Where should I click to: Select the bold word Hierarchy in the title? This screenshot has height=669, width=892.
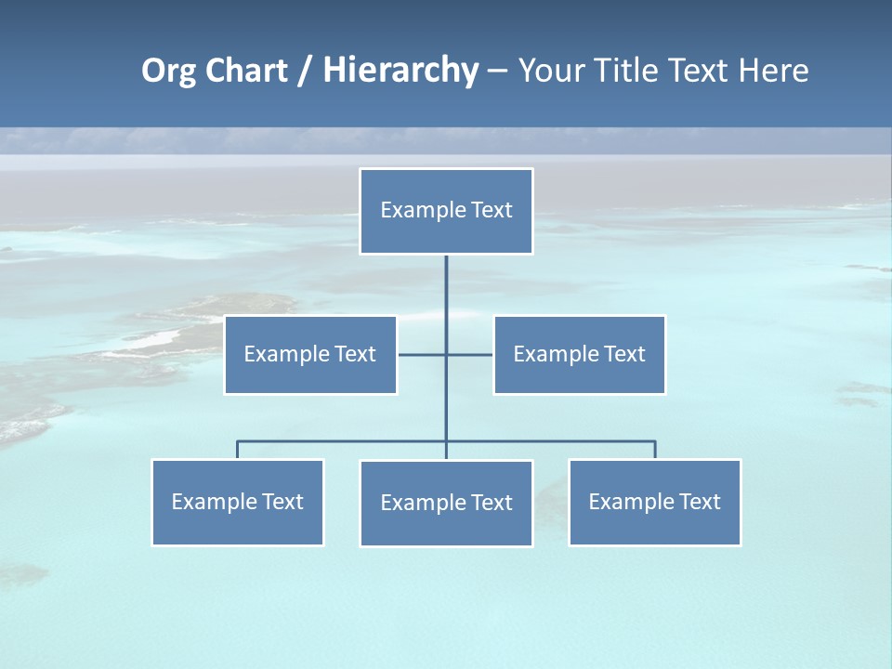click(400, 71)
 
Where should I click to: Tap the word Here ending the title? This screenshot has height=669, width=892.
click(773, 71)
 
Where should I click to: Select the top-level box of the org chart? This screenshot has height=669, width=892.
click(446, 211)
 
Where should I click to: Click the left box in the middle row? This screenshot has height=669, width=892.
click(310, 355)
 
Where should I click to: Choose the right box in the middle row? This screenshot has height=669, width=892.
click(580, 355)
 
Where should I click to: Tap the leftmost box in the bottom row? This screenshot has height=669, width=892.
click(238, 503)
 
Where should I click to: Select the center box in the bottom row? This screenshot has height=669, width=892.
click(446, 504)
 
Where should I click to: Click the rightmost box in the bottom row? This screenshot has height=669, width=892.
click(655, 503)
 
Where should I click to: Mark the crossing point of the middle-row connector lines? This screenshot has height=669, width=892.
click(446, 354)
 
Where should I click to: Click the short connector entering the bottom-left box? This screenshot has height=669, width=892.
click(238, 450)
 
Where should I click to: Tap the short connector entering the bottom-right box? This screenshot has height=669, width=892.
click(655, 450)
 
